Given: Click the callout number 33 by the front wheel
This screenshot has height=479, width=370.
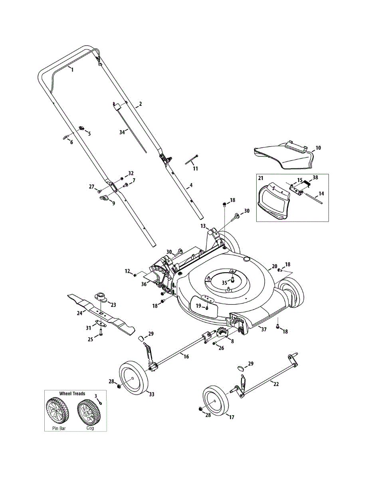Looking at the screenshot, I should (x=151, y=394).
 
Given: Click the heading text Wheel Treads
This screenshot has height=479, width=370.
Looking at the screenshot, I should (x=72, y=393).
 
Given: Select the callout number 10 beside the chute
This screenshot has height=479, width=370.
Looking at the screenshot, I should (x=318, y=148).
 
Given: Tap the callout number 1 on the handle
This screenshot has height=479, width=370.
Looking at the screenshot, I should (x=72, y=69).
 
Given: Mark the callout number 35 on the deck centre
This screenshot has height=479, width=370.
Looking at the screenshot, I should (x=224, y=283).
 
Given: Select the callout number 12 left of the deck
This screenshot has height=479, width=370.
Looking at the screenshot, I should (x=127, y=271).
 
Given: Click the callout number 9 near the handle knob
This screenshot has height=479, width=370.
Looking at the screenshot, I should (x=113, y=203).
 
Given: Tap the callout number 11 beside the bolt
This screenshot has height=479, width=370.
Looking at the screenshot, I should (x=195, y=168).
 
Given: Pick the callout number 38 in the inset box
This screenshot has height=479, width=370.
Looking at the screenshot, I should (x=315, y=177).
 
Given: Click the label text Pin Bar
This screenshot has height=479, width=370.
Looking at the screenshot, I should (x=59, y=428).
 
